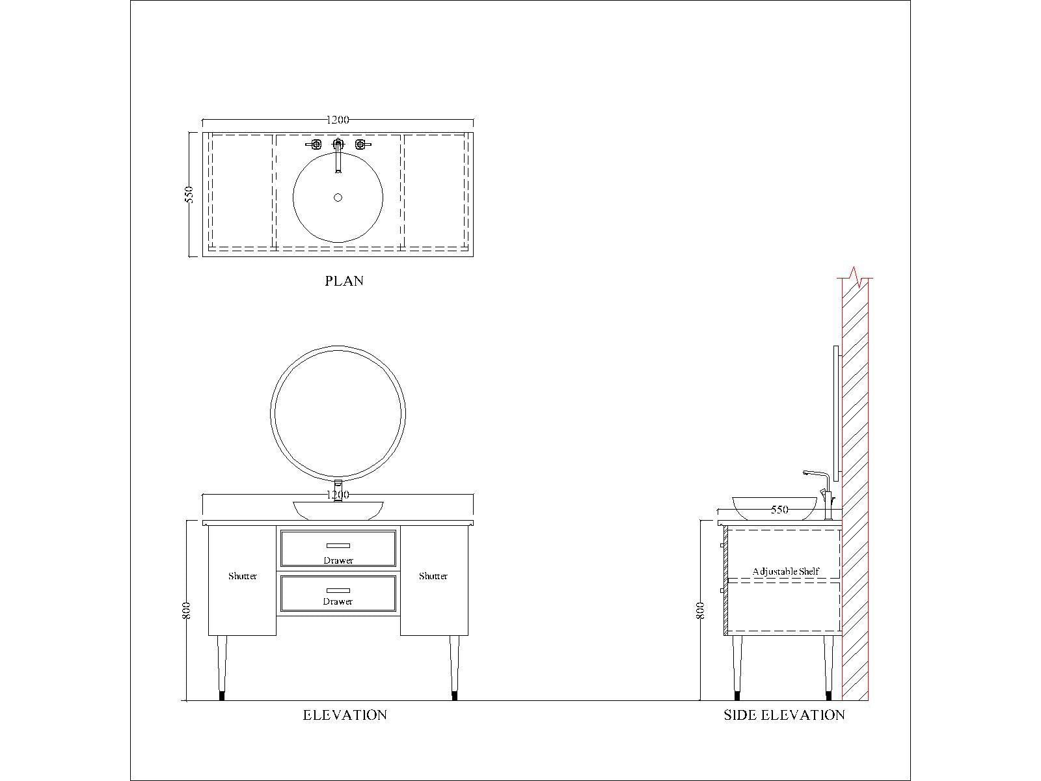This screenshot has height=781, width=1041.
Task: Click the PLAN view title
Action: coord(344,281)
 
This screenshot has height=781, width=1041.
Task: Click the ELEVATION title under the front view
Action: coord(345,715)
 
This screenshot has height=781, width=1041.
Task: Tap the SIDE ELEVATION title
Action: coord(784,715)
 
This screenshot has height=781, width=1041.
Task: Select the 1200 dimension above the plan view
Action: coord(338,120)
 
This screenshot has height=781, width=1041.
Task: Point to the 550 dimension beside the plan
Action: coord(189,195)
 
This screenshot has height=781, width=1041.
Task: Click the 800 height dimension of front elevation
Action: coord(186,610)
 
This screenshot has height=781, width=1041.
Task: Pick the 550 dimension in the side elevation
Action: coord(779,510)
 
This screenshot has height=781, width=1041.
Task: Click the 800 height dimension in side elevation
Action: coord(701,610)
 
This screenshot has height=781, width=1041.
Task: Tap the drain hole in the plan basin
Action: coord(338,197)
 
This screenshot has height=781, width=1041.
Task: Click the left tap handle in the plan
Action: coord(314,144)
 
